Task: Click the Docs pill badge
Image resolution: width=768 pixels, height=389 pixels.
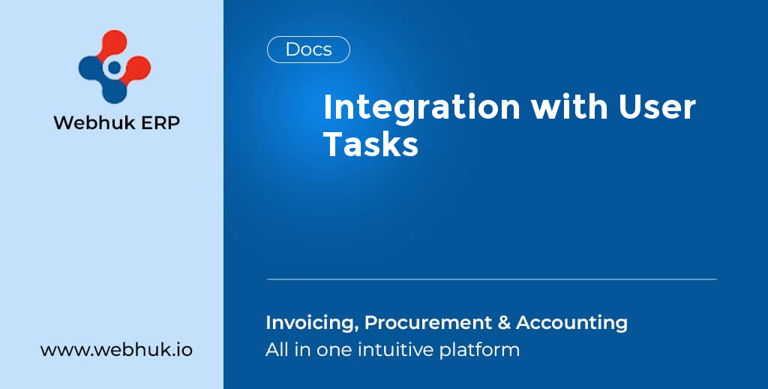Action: [308, 50]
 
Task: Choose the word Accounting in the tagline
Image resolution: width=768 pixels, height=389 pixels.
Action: [571, 324]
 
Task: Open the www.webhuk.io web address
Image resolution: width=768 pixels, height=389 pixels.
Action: [116, 350]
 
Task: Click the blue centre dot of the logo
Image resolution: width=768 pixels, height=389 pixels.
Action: [114, 68]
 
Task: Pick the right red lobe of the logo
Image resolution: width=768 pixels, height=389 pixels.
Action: [139, 68]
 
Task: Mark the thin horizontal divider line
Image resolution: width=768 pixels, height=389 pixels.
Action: [491, 279]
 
